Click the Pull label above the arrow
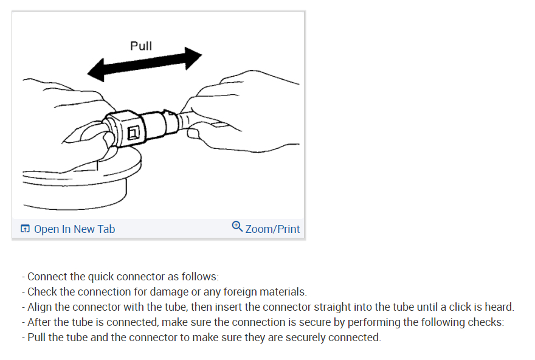click(141, 46)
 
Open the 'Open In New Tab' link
click(74, 229)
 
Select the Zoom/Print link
click(272, 229)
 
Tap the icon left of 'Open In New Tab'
click(25, 229)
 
